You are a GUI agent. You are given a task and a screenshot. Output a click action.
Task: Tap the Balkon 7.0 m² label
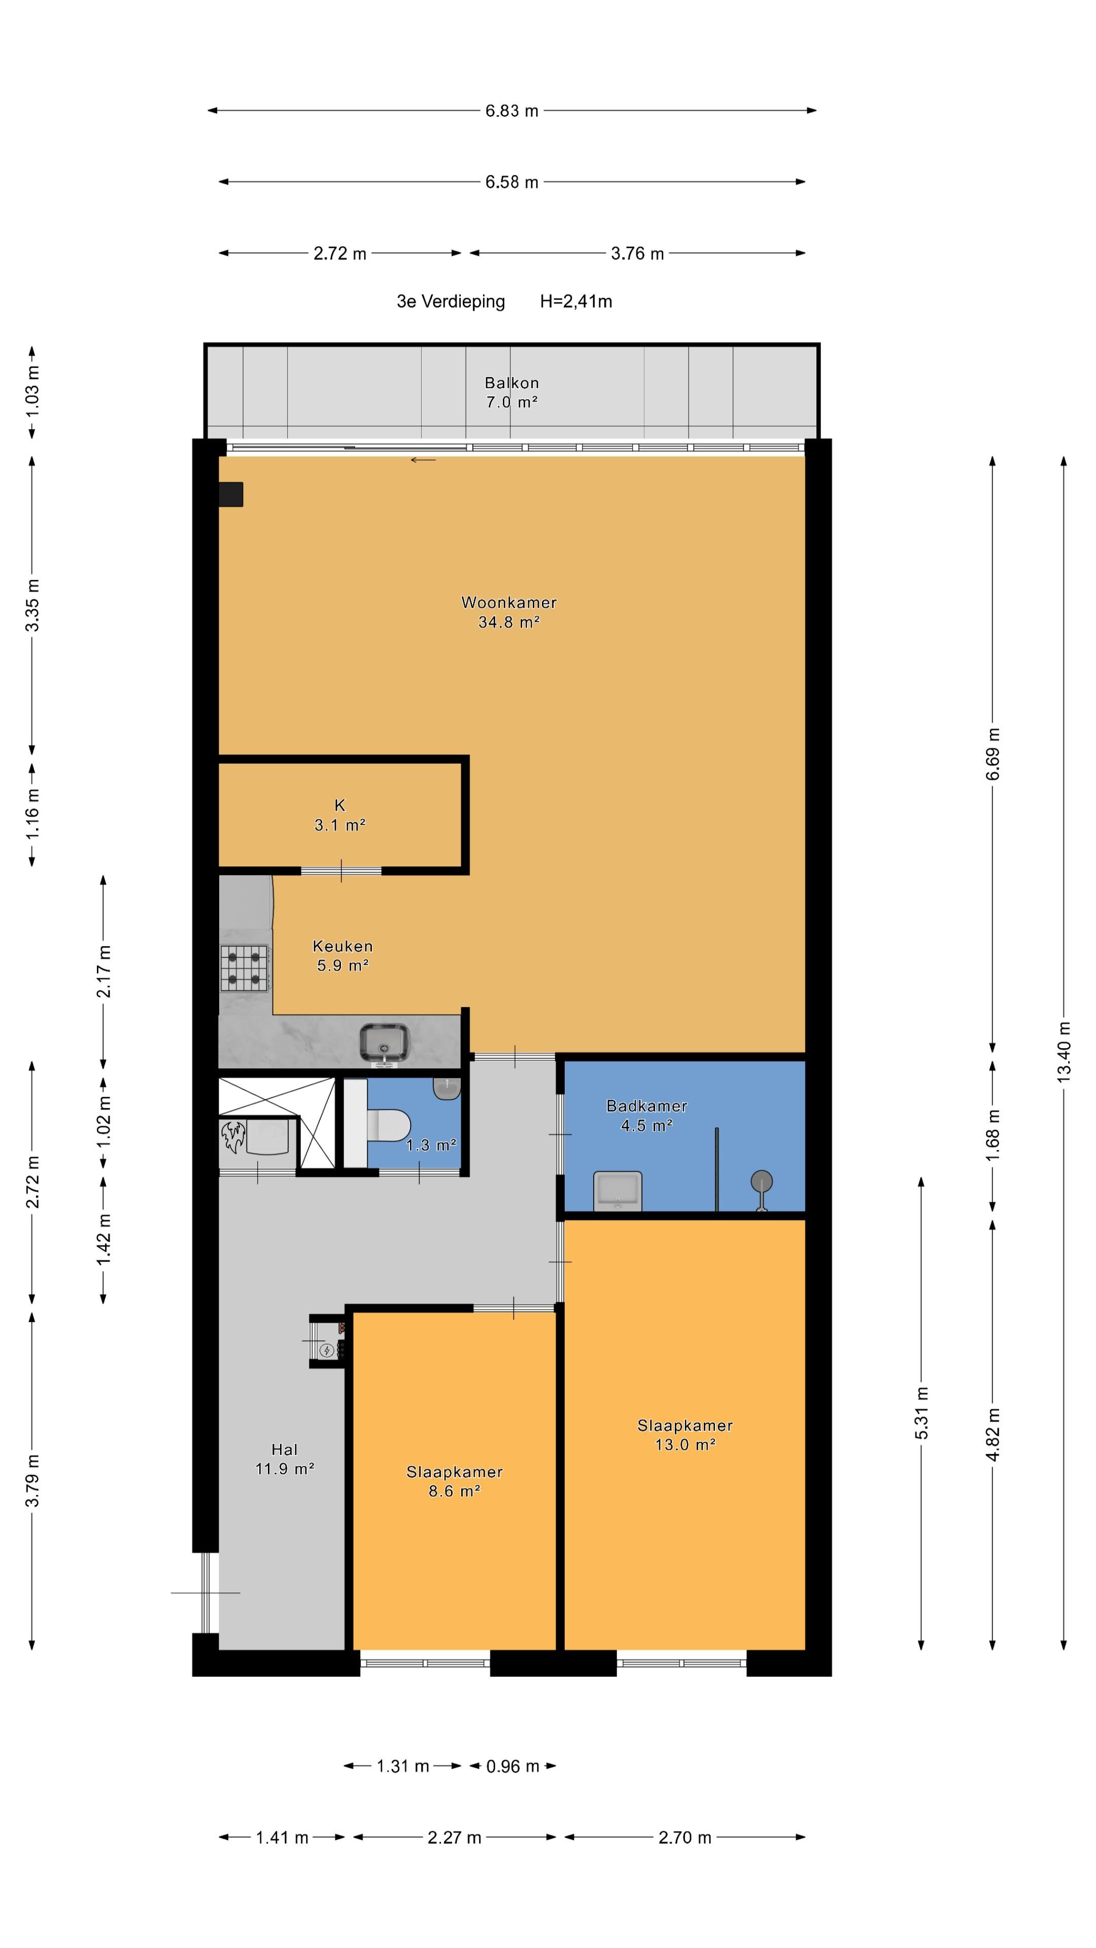click(511, 393)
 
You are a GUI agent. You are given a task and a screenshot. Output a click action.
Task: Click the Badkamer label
click(647, 1106)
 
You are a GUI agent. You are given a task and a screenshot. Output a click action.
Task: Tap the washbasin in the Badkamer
click(618, 1191)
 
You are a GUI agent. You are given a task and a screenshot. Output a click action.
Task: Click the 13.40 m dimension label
click(1064, 1052)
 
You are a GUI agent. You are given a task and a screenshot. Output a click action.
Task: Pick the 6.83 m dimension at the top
click(512, 111)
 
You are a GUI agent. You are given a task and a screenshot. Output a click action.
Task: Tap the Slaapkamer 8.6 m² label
click(455, 1481)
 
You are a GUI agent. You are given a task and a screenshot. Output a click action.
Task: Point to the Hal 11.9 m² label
click(284, 1459)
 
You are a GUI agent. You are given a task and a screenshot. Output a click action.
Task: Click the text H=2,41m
click(576, 302)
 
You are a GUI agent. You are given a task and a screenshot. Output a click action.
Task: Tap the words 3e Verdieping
click(451, 302)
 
